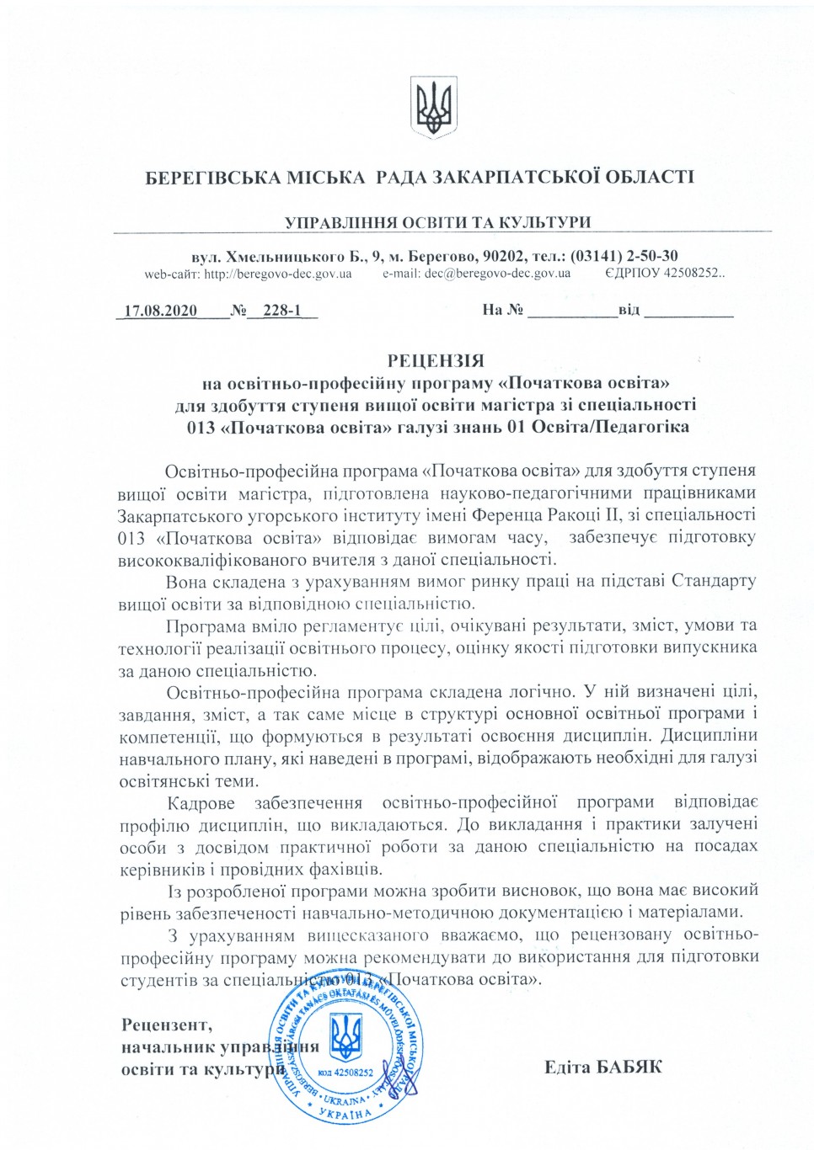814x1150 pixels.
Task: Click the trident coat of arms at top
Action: click(433, 107)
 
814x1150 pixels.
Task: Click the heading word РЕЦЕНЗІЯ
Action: click(436, 361)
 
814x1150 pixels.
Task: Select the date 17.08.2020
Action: click(160, 311)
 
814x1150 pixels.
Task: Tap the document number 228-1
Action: click(282, 311)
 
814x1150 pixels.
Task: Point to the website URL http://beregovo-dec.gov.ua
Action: click(277, 274)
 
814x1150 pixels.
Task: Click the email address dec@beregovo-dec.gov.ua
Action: click(497, 274)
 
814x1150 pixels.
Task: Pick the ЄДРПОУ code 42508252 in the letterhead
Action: click(694, 274)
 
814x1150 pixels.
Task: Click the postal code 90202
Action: click(506, 256)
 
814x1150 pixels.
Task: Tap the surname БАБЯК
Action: click(629, 1067)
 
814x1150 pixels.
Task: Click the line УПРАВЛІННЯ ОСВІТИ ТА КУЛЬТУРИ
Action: click(437, 222)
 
